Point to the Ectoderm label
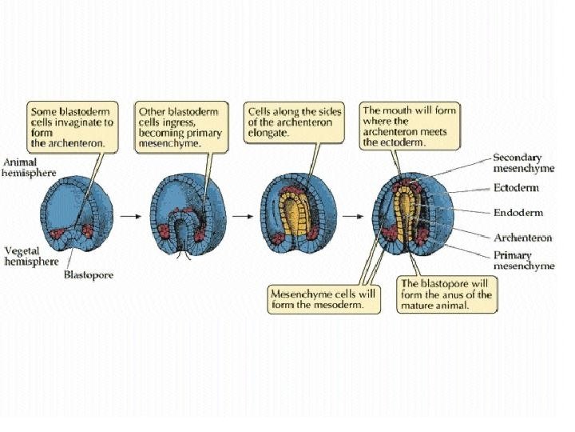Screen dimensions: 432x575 point(515,188)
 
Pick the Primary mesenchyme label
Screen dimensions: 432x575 point(523,260)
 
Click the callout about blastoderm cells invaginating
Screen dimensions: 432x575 point(72,126)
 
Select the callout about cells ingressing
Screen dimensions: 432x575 point(178,126)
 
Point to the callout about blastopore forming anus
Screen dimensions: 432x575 point(446,294)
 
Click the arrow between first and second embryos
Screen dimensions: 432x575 point(129,216)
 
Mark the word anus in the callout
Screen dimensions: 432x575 point(470,294)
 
